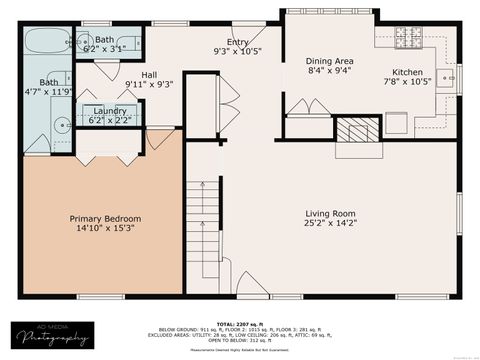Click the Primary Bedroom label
point(105,218)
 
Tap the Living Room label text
point(330,213)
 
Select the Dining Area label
point(330,61)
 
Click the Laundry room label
point(110,110)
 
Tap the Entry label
point(237,41)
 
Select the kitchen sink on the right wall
point(449,77)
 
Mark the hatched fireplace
point(357,129)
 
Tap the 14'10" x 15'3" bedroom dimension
point(105,229)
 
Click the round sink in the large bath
point(61,126)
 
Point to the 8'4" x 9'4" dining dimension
point(330,71)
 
